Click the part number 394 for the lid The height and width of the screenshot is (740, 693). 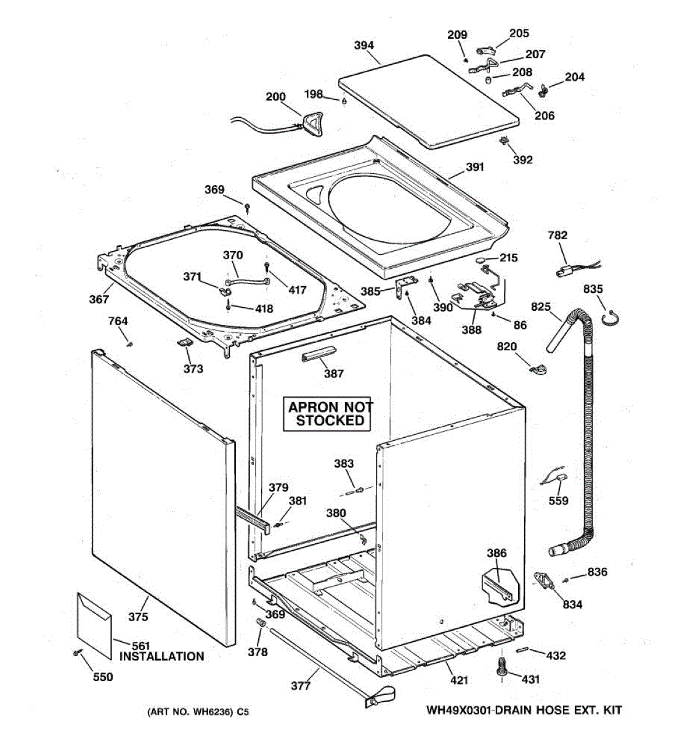click(x=363, y=45)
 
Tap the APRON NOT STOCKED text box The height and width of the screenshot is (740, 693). click(x=330, y=414)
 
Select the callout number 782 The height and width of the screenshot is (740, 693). click(x=557, y=235)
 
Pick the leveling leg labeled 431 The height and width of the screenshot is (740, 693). click(x=502, y=667)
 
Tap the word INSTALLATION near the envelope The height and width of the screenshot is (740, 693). click(x=161, y=657)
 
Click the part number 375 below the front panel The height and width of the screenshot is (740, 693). click(x=138, y=617)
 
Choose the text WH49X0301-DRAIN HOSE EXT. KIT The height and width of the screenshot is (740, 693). click(x=524, y=710)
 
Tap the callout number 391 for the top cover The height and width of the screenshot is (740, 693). click(x=474, y=167)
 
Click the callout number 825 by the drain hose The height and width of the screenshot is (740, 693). click(x=541, y=306)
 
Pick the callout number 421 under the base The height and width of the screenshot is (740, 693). click(x=459, y=680)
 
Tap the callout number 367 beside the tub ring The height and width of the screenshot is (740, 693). click(x=99, y=299)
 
